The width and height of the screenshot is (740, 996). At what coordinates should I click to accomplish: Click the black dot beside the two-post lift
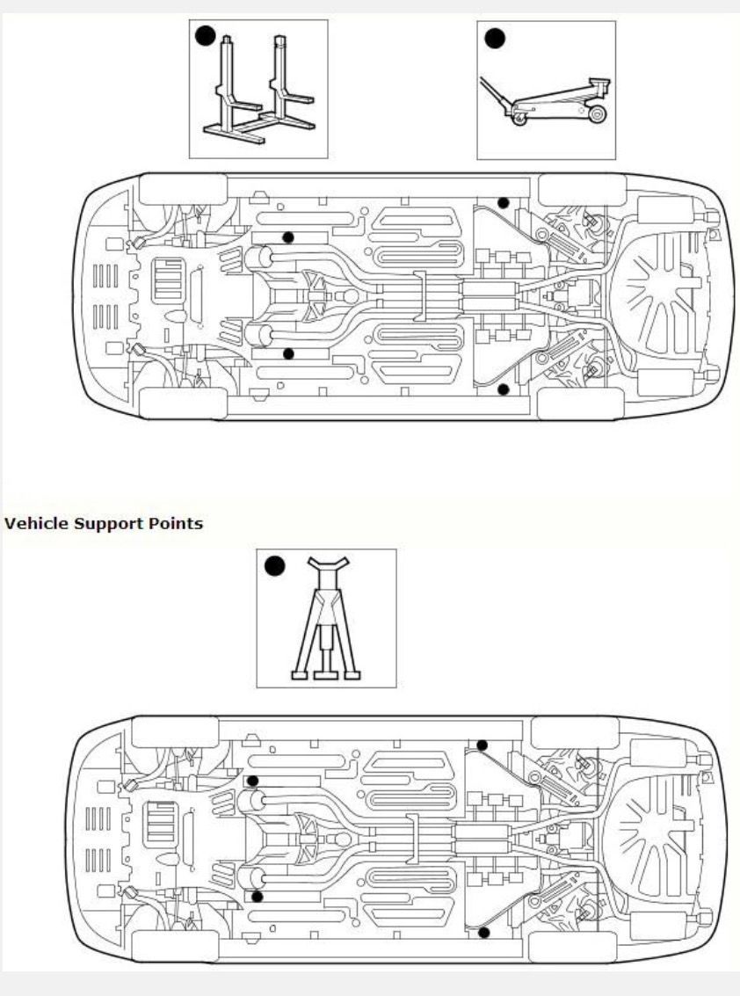pyautogui.click(x=205, y=36)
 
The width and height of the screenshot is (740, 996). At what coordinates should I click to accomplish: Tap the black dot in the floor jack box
pyautogui.click(x=495, y=38)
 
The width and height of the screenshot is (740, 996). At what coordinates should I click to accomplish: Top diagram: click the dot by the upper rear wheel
pyautogui.click(x=503, y=203)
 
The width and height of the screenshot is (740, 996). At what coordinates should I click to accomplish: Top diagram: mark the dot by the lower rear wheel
pyautogui.click(x=503, y=388)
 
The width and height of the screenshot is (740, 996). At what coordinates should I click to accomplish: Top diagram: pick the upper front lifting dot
pyautogui.click(x=287, y=237)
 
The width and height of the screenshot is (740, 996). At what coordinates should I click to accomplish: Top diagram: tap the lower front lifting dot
pyautogui.click(x=287, y=353)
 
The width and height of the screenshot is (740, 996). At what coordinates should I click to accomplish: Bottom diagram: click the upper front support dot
pyautogui.click(x=252, y=781)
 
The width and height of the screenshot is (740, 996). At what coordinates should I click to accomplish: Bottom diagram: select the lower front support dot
pyautogui.click(x=257, y=897)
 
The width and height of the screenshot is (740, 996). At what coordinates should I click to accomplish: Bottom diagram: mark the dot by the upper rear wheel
pyautogui.click(x=482, y=745)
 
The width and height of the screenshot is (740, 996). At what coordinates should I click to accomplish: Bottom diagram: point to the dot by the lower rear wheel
pyautogui.click(x=483, y=932)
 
